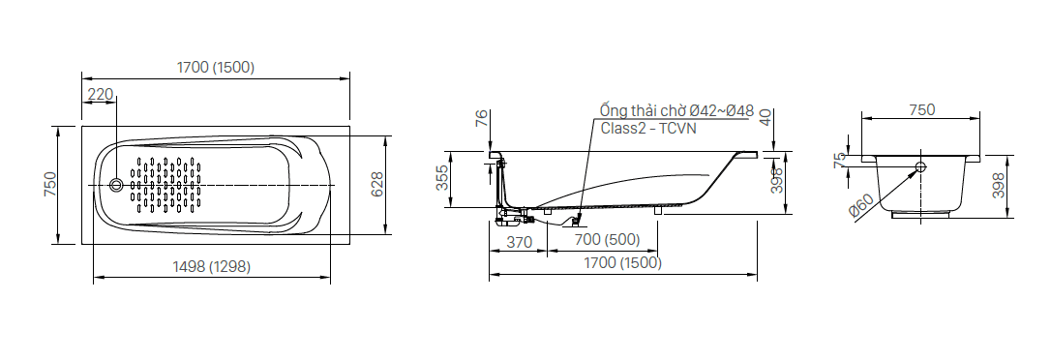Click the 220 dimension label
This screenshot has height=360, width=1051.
coord(101,95)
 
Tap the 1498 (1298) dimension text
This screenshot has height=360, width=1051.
coord(211,267)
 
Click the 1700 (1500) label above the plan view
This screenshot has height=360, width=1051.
coord(216,67)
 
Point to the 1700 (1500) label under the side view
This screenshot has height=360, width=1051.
coord(622,263)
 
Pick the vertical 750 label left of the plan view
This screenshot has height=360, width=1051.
coord(50,185)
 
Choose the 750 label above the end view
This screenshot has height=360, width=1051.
coord(921,110)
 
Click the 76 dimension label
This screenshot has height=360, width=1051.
coord(481,119)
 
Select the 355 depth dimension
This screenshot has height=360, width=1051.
coord(442,179)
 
